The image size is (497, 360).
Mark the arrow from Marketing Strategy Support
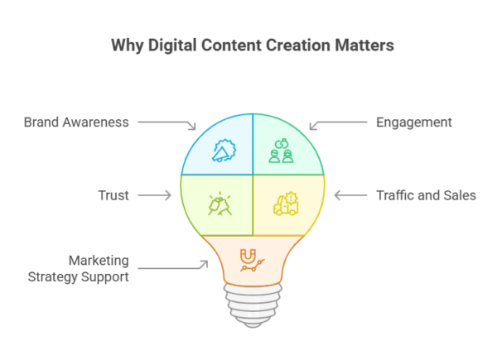171,266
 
